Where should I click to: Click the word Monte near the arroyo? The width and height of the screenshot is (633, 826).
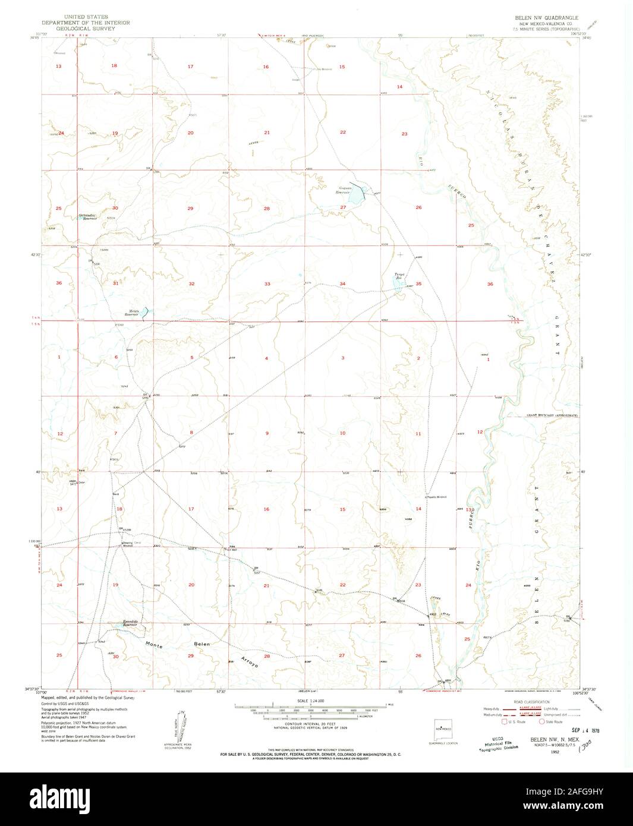[153, 643]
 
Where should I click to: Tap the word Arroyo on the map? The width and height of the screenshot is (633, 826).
[250, 663]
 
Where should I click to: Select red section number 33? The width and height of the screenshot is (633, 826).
[267, 284]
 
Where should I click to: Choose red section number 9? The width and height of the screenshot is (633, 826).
[267, 433]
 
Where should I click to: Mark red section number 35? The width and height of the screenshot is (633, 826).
[419, 284]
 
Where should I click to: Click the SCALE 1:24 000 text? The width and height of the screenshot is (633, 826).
[310, 701]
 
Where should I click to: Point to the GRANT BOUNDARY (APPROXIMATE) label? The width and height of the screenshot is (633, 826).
[551, 416]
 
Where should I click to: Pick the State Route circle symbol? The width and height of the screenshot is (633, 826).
[541, 722]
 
